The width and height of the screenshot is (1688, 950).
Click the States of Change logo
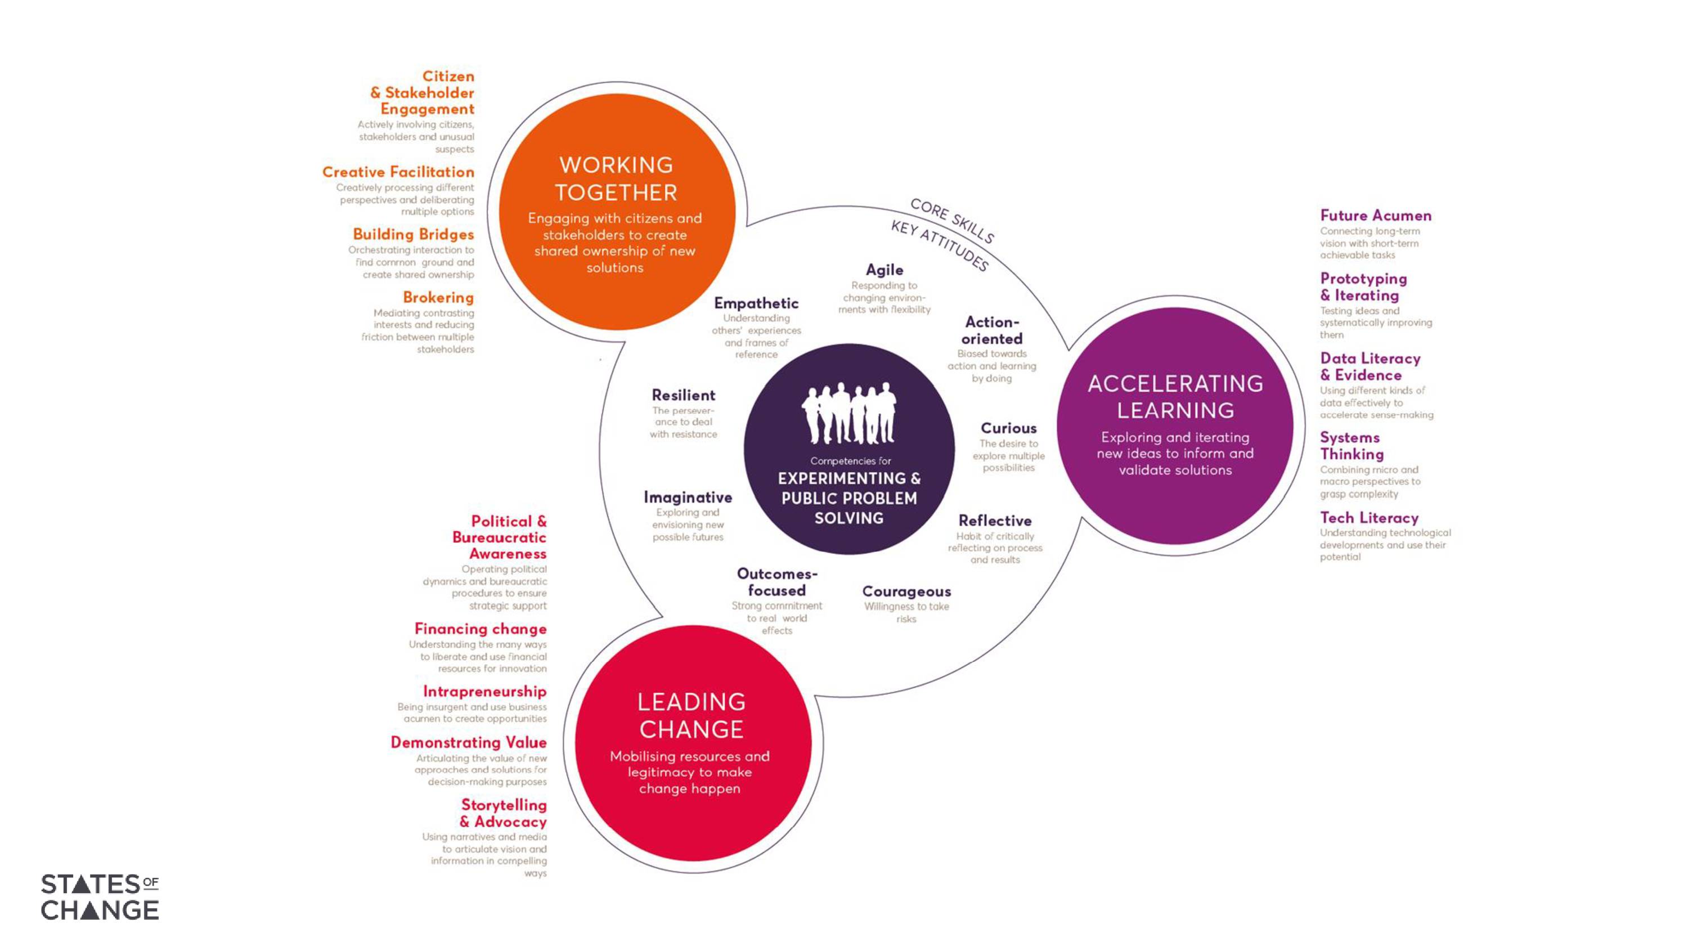click(100, 896)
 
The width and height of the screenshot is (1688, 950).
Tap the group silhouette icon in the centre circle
click(849, 414)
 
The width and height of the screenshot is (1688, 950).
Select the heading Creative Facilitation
click(398, 172)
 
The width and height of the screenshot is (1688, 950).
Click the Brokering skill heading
click(438, 297)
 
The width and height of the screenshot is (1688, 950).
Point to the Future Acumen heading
click(1375, 215)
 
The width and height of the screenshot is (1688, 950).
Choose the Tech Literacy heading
click(1369, 517)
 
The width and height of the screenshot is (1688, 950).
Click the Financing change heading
click(481, 629)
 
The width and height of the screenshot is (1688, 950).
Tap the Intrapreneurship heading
click(484, 691)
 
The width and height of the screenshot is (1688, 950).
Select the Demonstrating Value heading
click(469, 742)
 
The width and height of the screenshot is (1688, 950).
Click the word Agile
click(884, 270)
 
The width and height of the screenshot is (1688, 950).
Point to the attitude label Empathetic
click(756, 303)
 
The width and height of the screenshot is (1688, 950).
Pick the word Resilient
click(684, 395)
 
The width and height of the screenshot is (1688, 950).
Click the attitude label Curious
click(1008, 428)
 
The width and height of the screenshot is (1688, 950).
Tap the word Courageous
click(906, 591)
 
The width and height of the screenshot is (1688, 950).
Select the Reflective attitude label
click(995, 521)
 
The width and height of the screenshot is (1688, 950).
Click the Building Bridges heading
click(413, 234)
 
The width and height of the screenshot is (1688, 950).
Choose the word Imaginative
click(688, 497)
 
